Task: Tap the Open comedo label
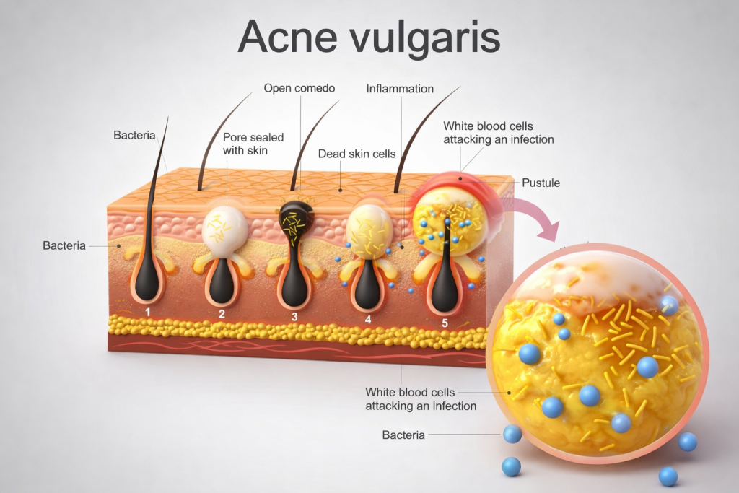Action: [299, 89]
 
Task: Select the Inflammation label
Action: [400, 89]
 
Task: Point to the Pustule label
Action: [541, 183]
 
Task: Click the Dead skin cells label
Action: [357, 154]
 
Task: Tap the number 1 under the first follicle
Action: [147, 312]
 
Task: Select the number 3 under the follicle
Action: [294, 316]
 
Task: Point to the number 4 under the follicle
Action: [368, 318]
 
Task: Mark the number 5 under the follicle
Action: [445, 323]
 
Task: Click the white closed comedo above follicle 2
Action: [225, 229]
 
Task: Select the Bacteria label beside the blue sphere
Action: [403, 435]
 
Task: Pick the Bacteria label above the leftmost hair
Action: [134, 135]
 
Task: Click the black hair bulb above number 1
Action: [147, 282]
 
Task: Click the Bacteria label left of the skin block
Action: [64, 245]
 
